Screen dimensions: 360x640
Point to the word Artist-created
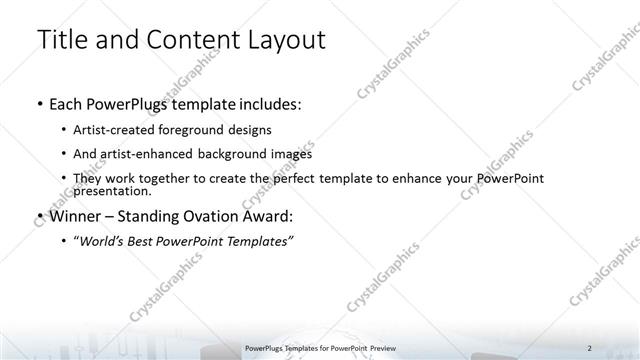114,130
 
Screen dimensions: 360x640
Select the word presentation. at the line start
112,190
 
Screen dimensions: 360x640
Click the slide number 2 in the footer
590,347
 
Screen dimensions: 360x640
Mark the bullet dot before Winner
38,215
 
